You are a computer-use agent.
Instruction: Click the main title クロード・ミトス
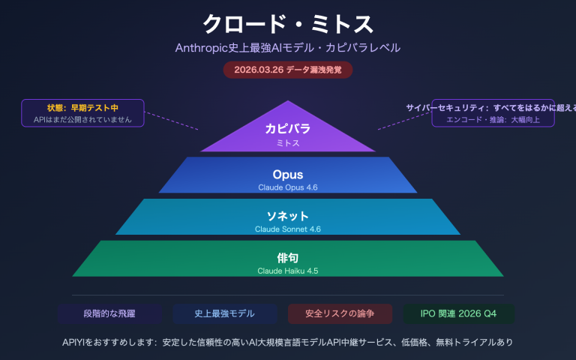coord(288,22)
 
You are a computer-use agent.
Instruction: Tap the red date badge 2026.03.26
coord(288,69)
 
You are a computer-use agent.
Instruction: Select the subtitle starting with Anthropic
coord(288,47)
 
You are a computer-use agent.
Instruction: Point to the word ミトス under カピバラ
coord(288,142)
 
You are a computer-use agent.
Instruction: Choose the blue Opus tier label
coord(288,174)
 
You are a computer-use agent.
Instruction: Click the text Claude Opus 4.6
coord(288,187)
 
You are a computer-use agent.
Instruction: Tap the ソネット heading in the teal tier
coord(288,216)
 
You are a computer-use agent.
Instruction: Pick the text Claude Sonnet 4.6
coord(288,229)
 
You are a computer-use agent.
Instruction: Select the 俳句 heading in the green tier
coord(288,258)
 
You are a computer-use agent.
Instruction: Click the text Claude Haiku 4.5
coord(288,271)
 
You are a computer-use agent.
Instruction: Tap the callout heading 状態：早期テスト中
coord(82,108)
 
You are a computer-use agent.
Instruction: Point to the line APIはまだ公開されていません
coord(82,119)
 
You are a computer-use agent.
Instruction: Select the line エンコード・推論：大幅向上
coord(493,119)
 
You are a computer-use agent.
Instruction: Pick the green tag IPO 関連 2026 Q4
coord(458,313)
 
